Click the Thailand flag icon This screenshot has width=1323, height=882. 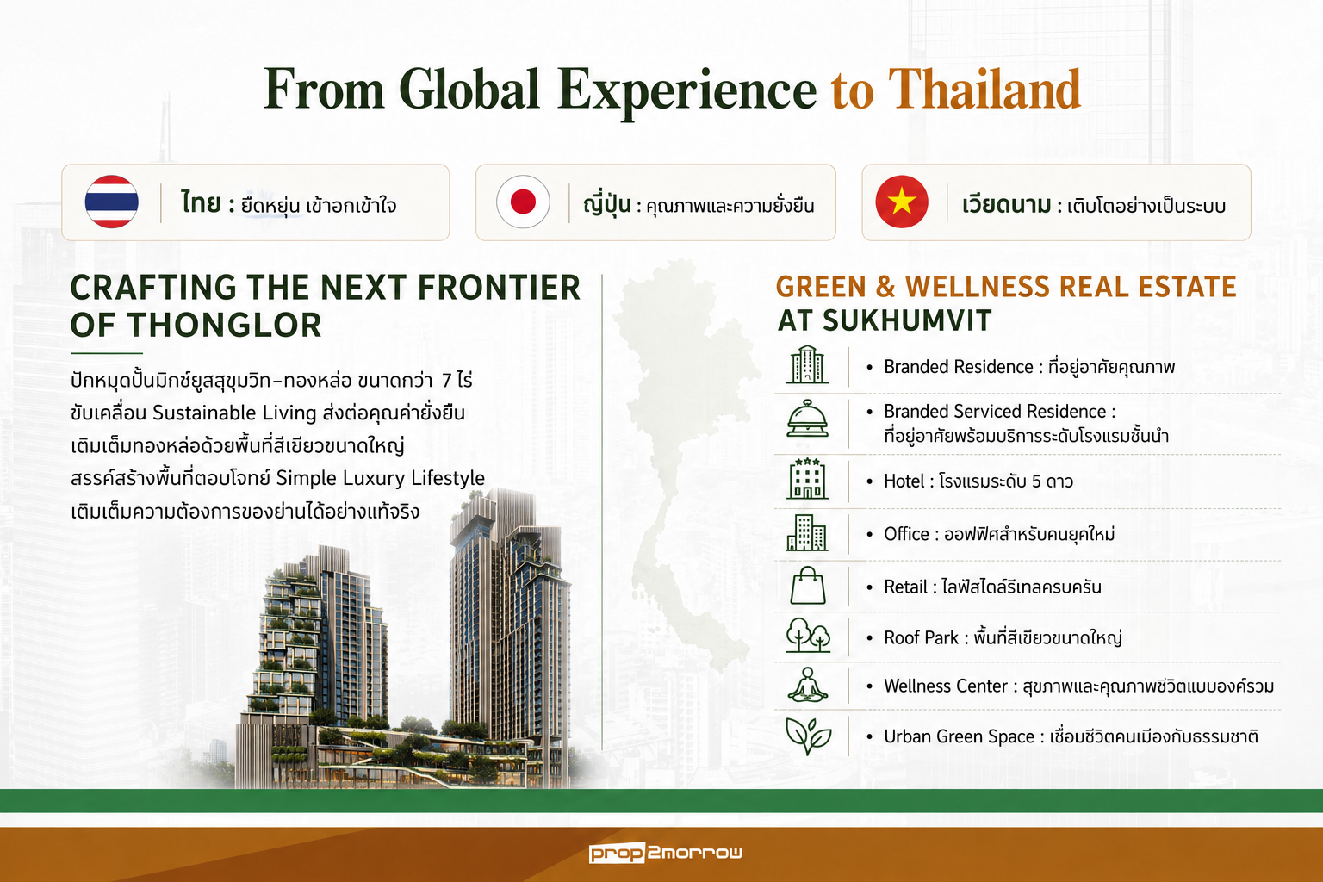coord(112,202)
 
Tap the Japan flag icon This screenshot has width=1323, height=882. coord(523,202)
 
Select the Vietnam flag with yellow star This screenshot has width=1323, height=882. coord(902,202)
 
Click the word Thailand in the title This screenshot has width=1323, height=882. coord(984,90)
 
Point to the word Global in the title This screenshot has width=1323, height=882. coord(469,90)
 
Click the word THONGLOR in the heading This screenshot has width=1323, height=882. coord(224,325)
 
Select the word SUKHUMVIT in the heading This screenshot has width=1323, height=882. coord(907,320)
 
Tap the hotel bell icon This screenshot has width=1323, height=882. coord(807,419)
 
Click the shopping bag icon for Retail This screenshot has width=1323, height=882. coord(807,586)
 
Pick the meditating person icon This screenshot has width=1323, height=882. coord(807,685)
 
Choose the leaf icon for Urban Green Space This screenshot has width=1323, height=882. coord(808,736)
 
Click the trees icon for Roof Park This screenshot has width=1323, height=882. coord(807,635)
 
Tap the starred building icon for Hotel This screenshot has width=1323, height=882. coord(807,479)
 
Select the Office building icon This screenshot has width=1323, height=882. coord(807,532)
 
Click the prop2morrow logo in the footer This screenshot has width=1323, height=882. coord(666,853)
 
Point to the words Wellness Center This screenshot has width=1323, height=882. coord(946,686)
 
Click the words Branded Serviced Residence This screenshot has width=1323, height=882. coord(995,411)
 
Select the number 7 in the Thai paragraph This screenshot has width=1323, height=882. coord(446,381)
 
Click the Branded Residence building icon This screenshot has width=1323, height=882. coord(807,364)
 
